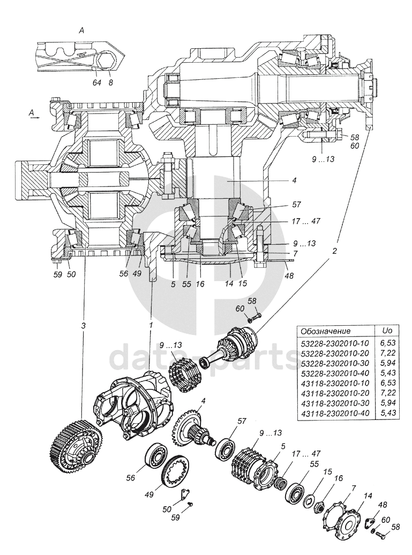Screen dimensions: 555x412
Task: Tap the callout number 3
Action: pyautogui.click(x=84, y=325)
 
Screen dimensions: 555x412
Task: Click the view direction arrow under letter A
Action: pyautogui.click(x=34, y=121)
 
